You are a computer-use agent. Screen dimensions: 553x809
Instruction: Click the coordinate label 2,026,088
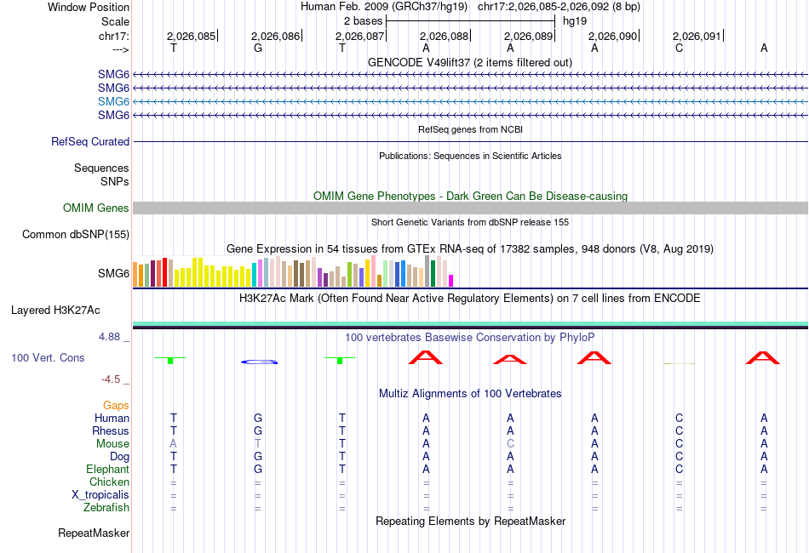445,36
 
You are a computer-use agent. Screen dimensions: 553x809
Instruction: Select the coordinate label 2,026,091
697,36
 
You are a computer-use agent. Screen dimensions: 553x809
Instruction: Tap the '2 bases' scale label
364,20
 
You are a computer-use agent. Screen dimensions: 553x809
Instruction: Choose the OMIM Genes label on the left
96,208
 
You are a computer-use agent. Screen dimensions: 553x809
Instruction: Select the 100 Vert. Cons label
48,358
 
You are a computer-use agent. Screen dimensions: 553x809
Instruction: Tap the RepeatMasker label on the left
94,533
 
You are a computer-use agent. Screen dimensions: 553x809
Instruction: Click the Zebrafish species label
108,508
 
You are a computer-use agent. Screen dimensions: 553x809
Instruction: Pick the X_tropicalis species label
100,495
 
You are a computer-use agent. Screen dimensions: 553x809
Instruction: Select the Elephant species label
107,470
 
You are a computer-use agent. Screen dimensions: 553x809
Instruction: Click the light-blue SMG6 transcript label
113,101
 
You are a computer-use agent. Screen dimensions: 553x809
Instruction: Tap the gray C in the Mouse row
510,444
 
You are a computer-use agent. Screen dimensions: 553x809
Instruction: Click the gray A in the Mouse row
174,444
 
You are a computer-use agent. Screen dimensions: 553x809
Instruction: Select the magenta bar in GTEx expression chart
451,281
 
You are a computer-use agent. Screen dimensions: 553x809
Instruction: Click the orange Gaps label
116,406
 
